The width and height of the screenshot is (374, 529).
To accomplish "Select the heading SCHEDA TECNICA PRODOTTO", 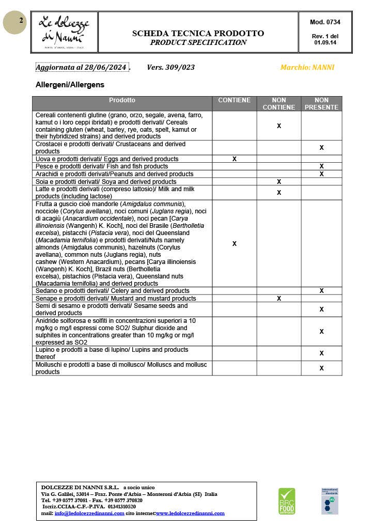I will click(198, 33).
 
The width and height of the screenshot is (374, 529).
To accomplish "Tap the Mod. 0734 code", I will click(325, 22).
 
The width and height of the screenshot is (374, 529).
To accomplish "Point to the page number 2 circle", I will click(15, 22).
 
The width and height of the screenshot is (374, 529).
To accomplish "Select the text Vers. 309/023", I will click(170, 67).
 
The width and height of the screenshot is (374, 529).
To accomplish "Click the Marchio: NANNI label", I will click(307, 67).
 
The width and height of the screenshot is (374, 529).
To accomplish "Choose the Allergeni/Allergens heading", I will click(70, 84).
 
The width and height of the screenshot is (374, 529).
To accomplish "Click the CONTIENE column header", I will click(235, 100).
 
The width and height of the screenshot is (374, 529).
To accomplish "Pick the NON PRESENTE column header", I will click(321, 104).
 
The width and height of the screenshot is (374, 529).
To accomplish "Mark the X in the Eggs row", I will click(235, 159).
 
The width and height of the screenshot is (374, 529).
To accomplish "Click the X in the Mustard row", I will click(279, 299).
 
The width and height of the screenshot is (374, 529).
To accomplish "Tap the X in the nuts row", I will click(235, 243).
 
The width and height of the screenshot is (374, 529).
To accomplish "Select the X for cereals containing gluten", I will click(279, 126).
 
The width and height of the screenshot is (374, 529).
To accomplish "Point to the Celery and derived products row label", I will click(112, 291).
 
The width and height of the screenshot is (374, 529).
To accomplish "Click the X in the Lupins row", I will click(321, 353).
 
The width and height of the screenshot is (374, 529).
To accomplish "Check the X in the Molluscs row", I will click(321, 368).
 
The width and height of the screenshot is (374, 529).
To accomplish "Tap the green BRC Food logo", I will click(287, 501).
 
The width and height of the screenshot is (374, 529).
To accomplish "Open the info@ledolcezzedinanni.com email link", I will click(89, 514).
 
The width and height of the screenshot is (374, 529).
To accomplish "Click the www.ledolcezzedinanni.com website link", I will click(190, 514).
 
